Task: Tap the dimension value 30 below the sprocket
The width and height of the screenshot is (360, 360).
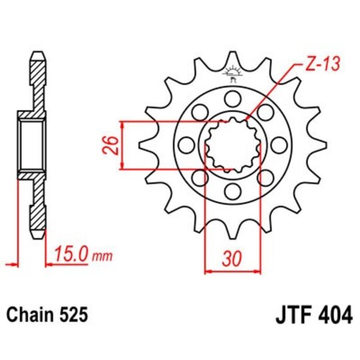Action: [231, 257]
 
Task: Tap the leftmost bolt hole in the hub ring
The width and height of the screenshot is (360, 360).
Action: [187, 145]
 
